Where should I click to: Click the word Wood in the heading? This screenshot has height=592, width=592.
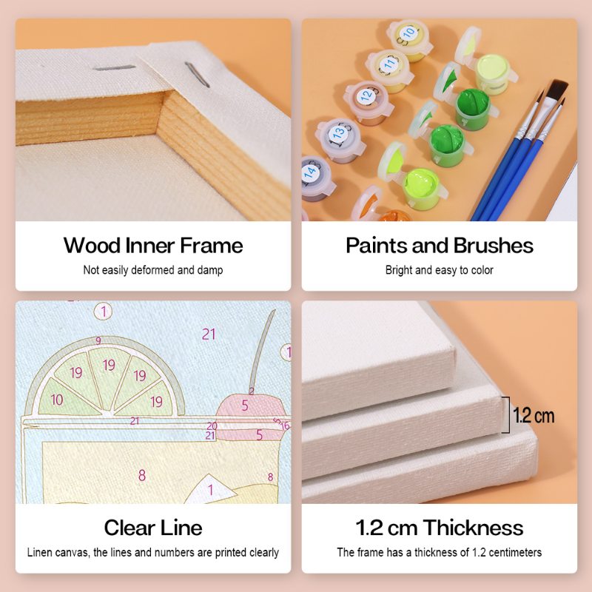[90, 245]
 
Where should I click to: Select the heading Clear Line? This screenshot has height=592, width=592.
[153, 528]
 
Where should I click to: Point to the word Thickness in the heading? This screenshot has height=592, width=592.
[474, 528]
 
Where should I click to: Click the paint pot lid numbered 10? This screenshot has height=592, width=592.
[408, 33]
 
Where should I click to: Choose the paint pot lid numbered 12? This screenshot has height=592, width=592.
[365, 95]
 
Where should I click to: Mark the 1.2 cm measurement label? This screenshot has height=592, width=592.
[534, 415]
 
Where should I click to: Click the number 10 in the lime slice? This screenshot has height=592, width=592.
[56, 400]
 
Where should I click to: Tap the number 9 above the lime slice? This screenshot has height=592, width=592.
[98, 340]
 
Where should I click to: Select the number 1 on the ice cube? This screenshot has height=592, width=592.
[210, 489]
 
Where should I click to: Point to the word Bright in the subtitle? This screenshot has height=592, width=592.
[398, 270]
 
